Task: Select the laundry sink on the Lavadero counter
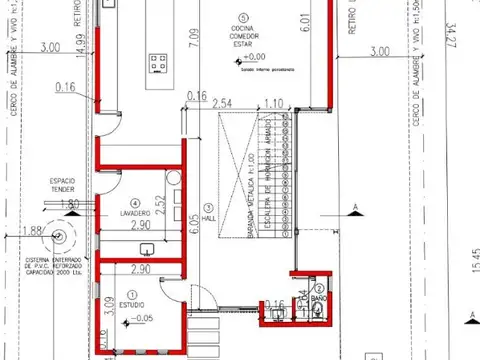tap(147, 247)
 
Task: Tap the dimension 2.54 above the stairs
tap(223, 103)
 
